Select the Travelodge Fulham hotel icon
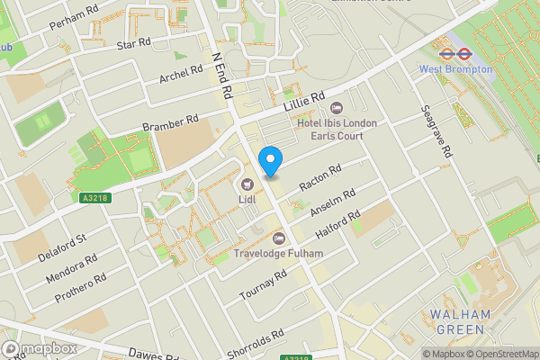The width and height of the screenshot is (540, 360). point(278,238)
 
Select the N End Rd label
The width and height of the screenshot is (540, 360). point(221,73)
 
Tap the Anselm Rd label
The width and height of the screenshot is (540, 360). point(332,203)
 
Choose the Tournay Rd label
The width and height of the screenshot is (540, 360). point(263,284)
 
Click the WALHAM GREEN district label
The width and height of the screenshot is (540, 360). point(460,321)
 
